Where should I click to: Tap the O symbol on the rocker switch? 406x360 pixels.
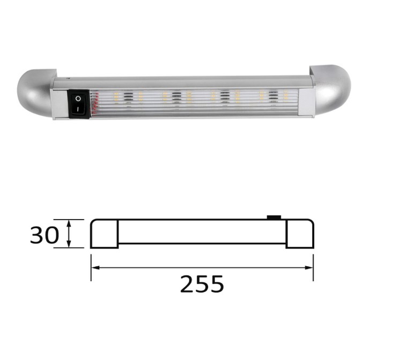[78, 99]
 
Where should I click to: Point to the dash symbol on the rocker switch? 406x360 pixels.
[78, 109]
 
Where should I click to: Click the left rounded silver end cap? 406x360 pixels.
[36, 93]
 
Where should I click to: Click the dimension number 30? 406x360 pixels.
[45, 235]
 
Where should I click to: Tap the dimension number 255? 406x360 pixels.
[202, 284]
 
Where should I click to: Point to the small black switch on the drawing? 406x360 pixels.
[274, 217]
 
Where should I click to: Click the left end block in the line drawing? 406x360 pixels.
[104, 234]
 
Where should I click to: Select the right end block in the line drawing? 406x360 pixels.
[300, 234]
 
